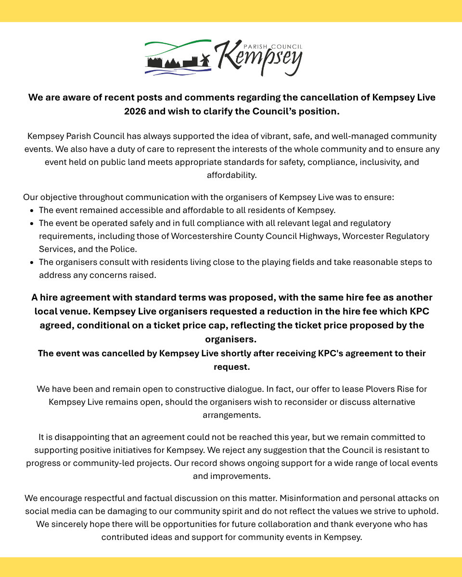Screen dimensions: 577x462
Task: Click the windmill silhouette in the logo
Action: coord(205,61)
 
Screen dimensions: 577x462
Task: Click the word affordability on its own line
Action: coord(231,175)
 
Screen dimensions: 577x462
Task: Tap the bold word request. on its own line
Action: coord(231,367)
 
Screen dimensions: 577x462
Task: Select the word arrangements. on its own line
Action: coord(231,414)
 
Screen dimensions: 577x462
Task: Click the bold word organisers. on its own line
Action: coord(231,339)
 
